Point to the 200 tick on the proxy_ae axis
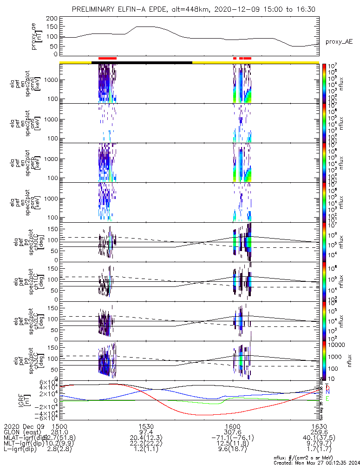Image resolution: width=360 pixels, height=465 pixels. pos(52,18)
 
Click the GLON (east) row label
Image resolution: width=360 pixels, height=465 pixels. pos(23,432)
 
